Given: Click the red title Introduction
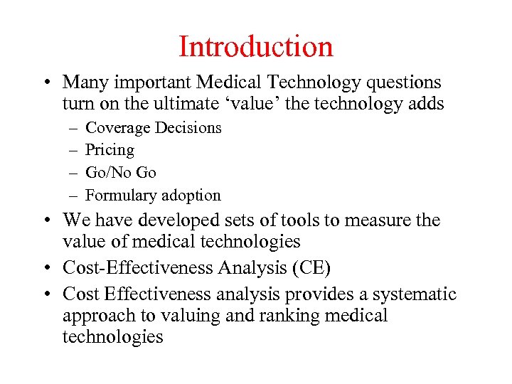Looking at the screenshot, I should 256,47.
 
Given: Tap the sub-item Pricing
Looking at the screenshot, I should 110,150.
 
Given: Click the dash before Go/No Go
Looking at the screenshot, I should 73,172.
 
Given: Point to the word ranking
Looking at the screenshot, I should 276,315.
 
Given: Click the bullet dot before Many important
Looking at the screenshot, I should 46,84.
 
